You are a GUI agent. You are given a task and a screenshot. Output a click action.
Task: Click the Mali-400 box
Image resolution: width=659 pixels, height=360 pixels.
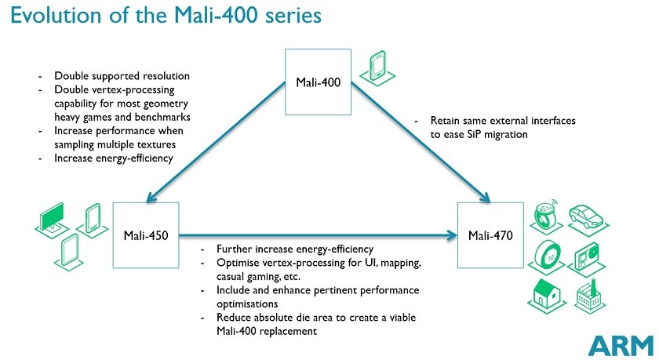pos(319,82)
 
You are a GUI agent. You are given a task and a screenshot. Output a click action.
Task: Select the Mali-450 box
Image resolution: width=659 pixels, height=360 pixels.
pos(146,235)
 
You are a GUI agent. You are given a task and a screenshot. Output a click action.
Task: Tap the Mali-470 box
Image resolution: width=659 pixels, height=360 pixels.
pos(490,235)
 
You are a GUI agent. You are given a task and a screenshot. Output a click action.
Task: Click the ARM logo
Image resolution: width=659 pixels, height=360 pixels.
pos(621,346)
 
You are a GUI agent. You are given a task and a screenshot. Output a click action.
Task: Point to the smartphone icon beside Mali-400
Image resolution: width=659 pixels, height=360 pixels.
pos(377,67)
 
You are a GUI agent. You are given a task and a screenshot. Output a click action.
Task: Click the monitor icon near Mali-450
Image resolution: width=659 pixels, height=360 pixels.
pos(53,220)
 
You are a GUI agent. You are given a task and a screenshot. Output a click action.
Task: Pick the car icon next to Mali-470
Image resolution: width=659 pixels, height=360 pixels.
pos(587,217)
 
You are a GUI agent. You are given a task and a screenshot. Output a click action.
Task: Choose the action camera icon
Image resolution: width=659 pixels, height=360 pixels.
pos(587,257)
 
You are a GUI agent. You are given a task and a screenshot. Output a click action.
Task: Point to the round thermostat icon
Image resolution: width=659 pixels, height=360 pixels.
pos(546,256)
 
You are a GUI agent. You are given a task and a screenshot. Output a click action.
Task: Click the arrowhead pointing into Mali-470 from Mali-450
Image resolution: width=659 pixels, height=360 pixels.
pos(453,235)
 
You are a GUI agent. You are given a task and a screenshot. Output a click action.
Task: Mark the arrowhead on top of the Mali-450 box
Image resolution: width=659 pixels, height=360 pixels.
pos(151,197)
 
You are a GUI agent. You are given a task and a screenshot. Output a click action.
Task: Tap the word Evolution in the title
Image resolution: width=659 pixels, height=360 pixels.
pos(56,15)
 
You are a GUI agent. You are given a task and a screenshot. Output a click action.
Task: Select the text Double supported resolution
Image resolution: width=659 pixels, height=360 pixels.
pos(122,76)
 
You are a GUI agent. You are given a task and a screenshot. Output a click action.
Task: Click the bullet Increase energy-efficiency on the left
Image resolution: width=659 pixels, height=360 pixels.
pos(114,158)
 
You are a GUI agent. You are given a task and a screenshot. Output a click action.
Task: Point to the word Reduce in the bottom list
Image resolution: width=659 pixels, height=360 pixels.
pos(233,318)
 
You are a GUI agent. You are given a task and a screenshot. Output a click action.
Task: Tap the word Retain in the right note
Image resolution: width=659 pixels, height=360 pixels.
pos(445,121)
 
